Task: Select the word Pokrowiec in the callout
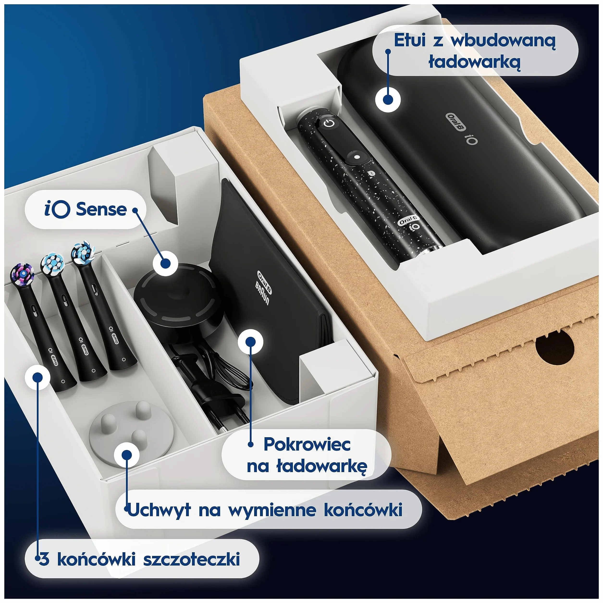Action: (307, 444)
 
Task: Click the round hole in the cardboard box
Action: (555, 347)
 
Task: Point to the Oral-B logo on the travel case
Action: (456, 122)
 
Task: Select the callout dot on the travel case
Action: (388, 99)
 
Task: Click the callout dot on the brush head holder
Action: (127, 455)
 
